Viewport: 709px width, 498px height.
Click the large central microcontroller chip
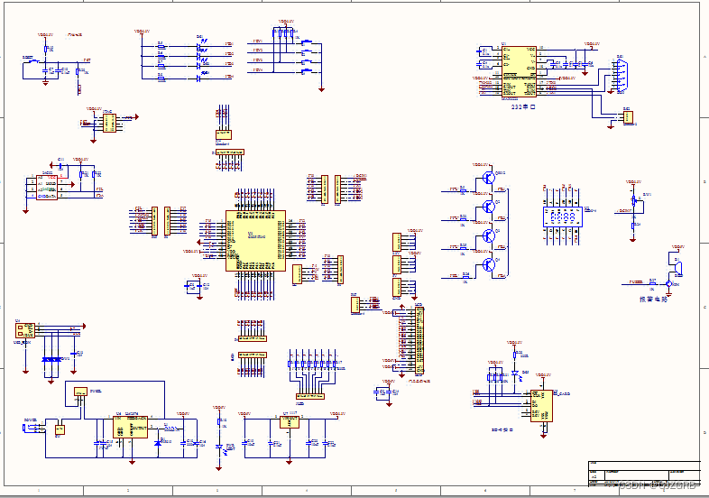click(254, 240)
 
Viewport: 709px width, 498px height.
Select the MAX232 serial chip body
click(519, 72)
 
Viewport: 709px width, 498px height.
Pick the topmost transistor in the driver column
click(488, 178)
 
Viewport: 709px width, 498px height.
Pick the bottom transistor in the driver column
click(488, 264)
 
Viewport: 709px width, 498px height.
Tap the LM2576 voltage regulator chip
click(132, 427)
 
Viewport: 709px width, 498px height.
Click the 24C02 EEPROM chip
click(45, 187)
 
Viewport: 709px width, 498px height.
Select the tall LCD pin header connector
click(418, 338)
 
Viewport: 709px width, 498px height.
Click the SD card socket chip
click(542, 406)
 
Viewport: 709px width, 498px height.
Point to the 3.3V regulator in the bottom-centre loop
click(289, 422)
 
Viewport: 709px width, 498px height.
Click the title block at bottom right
click(642, 475)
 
